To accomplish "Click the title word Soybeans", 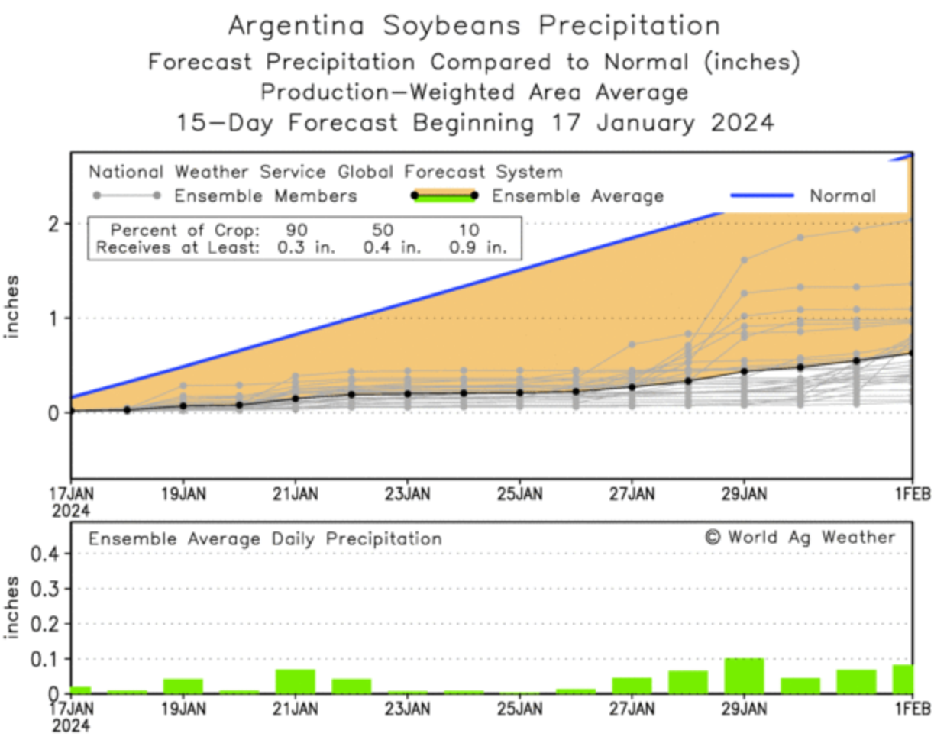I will click(451, 26).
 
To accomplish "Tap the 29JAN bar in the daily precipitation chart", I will click(744, 676).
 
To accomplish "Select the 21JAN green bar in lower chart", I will click(295, 681).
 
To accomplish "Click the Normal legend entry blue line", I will click(761, 195).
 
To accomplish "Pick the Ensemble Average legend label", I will click(577, 196).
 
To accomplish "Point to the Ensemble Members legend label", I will click(265, 196).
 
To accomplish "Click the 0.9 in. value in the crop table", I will click(477, 247).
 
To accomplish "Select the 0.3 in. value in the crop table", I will click(305, 247).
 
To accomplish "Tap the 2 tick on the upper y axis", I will click(53, 224).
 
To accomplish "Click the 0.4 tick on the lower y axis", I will click(44, 553).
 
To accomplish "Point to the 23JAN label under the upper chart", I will click(407, 494).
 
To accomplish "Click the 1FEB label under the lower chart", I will click(913, 709).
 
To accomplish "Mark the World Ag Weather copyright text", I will click(799, 537).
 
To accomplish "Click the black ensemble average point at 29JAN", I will click(745, 371).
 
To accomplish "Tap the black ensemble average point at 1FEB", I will click(912, 353).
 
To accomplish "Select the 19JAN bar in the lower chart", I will click(183, 686).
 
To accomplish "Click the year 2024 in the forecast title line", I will click(742, 122).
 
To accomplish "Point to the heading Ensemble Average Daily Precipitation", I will click(265, 539).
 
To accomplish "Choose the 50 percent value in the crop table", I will click(383, 230).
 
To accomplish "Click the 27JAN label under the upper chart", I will click(632, 494).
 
